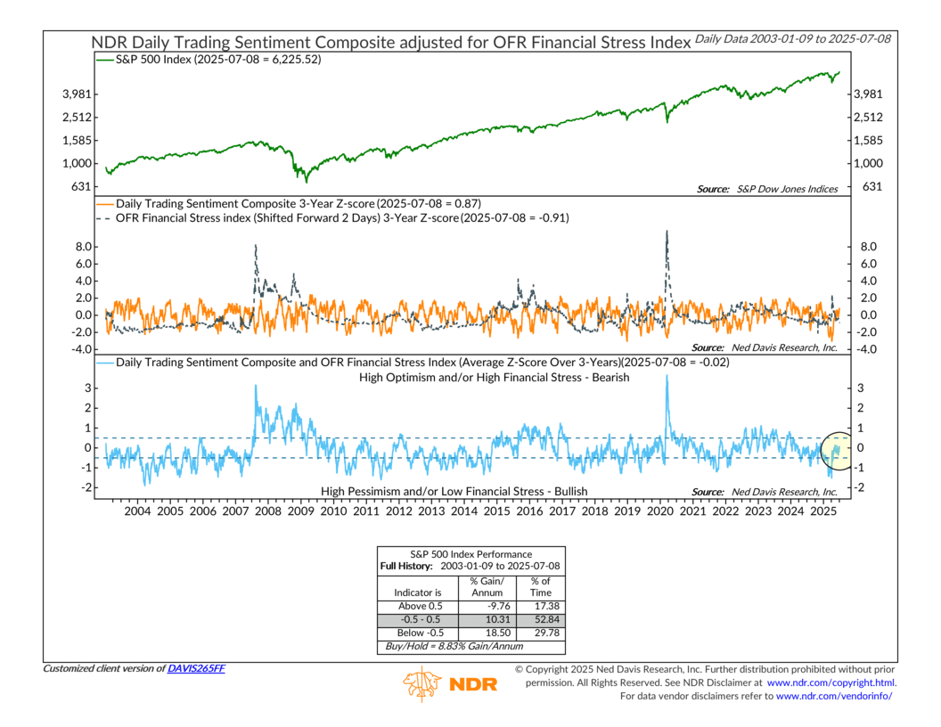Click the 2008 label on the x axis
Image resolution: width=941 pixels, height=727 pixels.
(268, 512)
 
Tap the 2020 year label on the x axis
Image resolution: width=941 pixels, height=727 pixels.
(660, 512)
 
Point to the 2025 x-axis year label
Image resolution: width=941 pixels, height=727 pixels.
(823, 512)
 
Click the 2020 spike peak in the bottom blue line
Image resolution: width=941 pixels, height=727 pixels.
(667, 376)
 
